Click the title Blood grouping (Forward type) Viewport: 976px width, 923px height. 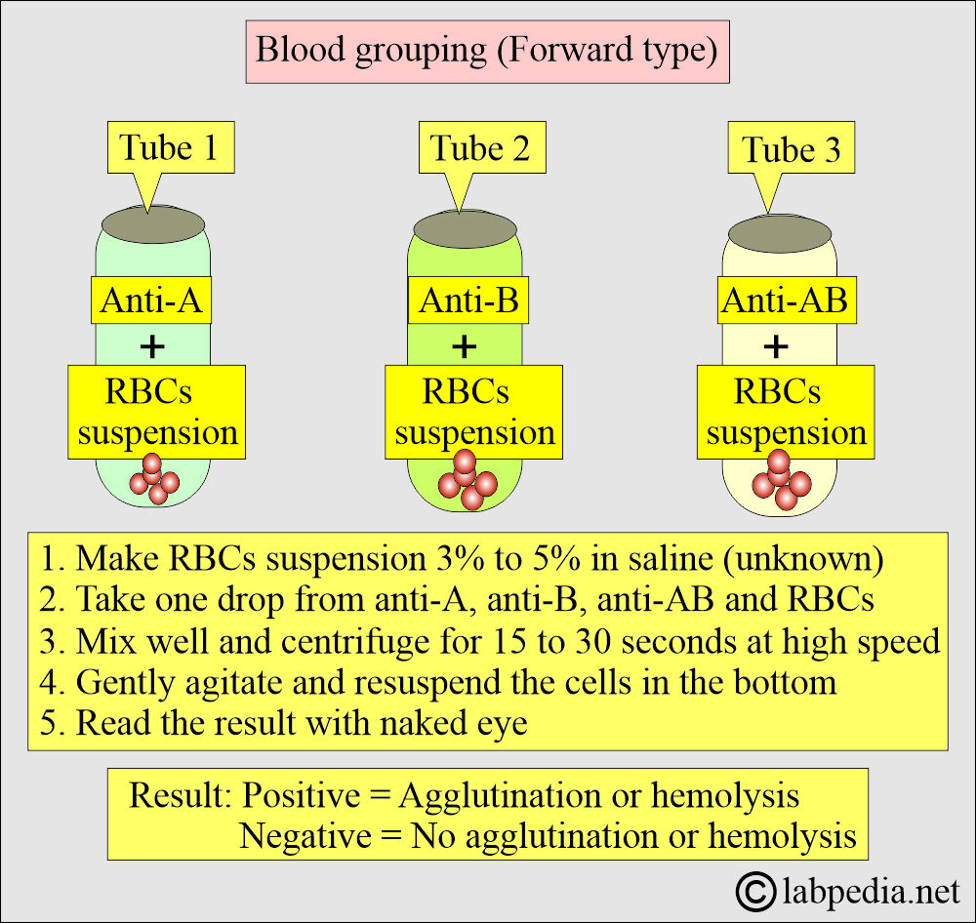(487, 51)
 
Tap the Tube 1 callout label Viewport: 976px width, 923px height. (170, 148)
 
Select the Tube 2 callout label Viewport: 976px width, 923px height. (482, 148)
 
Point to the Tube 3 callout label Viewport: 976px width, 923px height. (792, 148)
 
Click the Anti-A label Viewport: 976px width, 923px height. (151, 300)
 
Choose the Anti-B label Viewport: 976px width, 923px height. (468, 300)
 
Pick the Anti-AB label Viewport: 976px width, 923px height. (786, 300)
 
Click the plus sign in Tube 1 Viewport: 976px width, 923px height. (152, 346)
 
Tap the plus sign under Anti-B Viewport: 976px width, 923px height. (465, 346)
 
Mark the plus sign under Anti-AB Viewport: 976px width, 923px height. (776, 346)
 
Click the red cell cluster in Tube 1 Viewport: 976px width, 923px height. (154, 479)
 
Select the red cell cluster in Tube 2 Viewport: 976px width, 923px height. (468, 480)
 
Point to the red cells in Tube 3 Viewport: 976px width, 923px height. (781, 480)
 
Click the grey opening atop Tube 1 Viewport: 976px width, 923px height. (153, 224)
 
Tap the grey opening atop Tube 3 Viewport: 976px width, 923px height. (779, 233)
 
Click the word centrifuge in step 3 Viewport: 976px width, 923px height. (355, 642)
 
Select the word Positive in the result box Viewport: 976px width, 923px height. (301, 795)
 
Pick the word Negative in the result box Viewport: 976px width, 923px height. (305, 836)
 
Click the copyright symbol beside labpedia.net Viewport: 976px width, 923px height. (755, 892)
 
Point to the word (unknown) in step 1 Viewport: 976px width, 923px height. (803, 559)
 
